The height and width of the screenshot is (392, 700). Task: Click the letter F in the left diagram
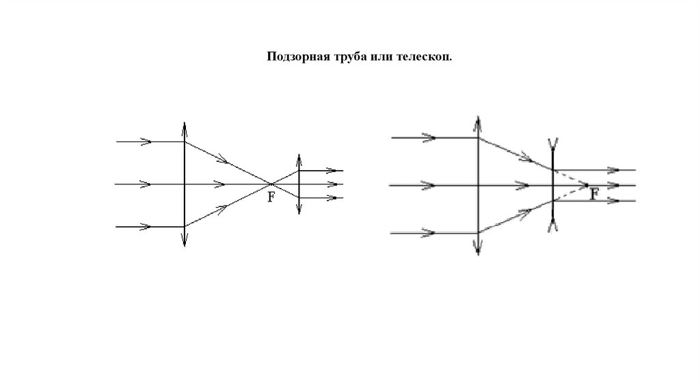tap(271, 197)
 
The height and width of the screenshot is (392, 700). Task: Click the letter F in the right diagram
tap(594, 194)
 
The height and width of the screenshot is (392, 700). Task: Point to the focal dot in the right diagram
tap(586, 185)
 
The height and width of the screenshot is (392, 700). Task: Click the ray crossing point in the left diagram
tap(271, 184)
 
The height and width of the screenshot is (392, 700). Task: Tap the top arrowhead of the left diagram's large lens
tap(184, 126)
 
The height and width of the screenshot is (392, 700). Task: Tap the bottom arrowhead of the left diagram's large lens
tap(184, 241)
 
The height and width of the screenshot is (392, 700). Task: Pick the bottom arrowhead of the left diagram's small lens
tap(299, 209)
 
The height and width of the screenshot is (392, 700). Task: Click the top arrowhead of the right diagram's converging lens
tap(477, 121)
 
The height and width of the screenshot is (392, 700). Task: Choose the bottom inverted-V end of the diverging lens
tap(552, 227)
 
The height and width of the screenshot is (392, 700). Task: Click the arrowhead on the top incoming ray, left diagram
tap(146, 141)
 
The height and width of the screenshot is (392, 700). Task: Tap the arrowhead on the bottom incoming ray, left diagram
tap(146, 226)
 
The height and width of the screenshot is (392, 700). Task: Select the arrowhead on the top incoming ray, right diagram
tap(429, 137)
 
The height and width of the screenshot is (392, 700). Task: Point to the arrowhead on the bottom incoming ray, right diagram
tap(429, 233)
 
